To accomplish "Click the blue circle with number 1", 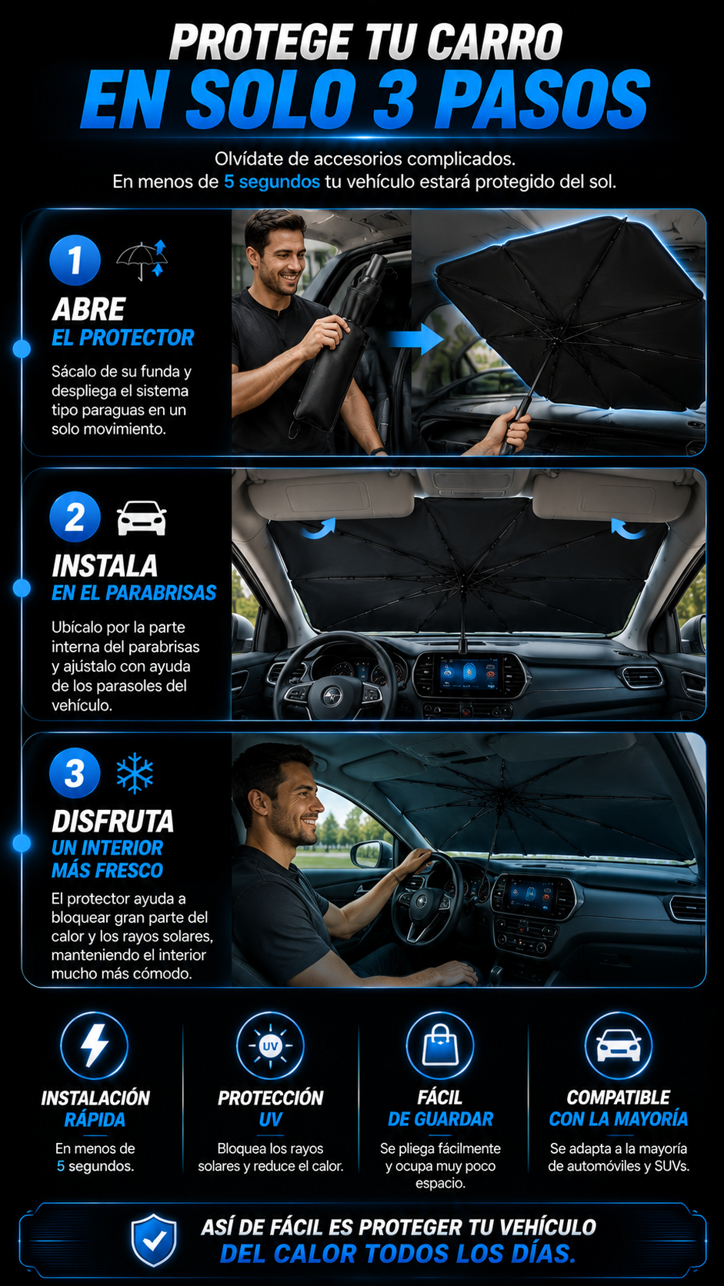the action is point(75,260).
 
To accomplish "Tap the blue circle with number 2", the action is point(75,517).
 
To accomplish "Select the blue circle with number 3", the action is point(75,773).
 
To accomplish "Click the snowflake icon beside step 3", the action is point(135,773).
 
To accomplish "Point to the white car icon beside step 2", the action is point(142,518).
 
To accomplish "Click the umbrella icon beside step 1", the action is point(142,260).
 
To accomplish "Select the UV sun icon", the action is point(270,1045).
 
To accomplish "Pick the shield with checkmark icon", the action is point(153,1240).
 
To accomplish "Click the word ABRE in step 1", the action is point(89,309).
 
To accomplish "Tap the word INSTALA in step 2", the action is point(105,565).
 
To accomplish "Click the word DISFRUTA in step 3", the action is point(113,821).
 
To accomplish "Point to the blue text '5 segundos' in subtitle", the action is point(272,182).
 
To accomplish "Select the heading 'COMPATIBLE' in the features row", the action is point(619,1097).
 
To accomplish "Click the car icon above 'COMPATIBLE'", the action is point(619,1044).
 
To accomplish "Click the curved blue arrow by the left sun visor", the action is point(319,528).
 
